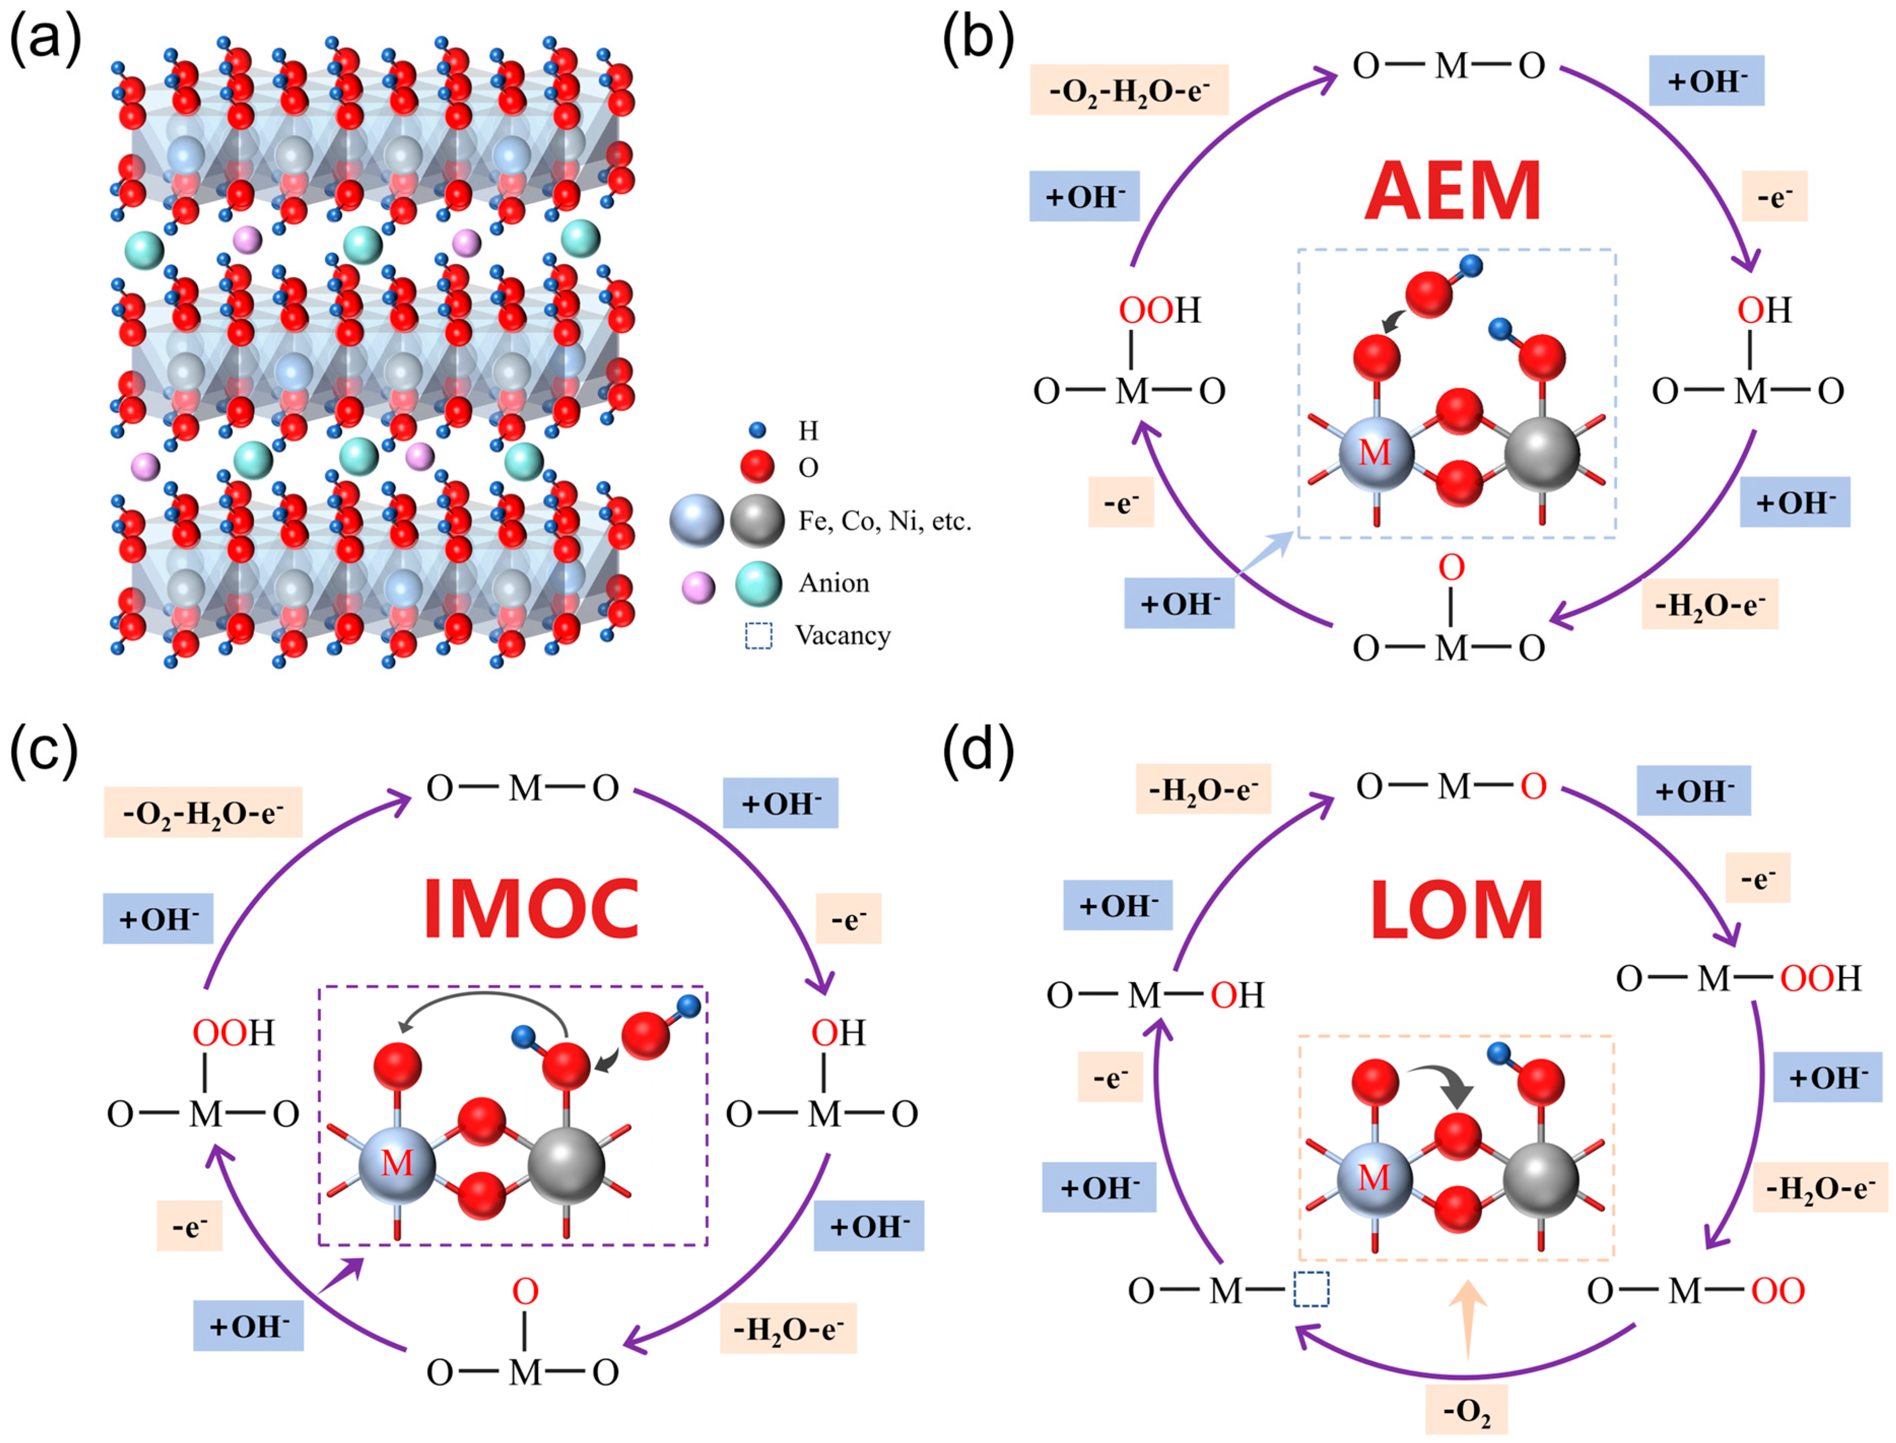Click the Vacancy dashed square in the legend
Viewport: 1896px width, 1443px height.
[x=758, y=635]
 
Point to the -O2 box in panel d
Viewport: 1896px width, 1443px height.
[x=1467, y=1410]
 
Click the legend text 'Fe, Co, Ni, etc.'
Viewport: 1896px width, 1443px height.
[x=885, y=521]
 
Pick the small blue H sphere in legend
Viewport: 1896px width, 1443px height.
[x=757, y=429]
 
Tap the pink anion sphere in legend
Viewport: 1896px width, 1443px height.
[x=698, y=588]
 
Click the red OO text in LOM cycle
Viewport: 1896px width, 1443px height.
[x=1777, y=1290]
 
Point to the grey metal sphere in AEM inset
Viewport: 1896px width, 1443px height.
[x=1542, y=453]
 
